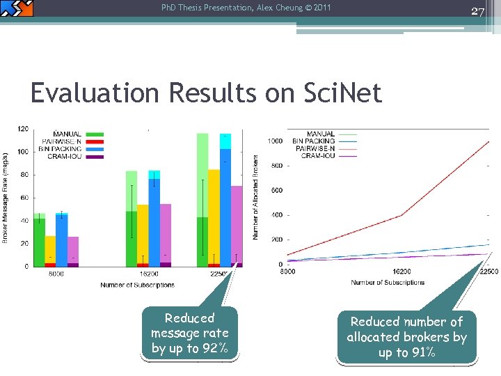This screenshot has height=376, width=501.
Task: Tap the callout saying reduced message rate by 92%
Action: tap(189, 334)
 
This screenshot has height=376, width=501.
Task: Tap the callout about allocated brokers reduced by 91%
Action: tap(406, 337)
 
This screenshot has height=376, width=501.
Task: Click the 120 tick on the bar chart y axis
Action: tap(23, 129)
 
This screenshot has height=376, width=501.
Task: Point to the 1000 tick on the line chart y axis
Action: tap(275, 141)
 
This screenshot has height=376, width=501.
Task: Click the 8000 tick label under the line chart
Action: tap(287, 272)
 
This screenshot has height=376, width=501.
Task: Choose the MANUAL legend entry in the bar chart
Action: tap(67, 134)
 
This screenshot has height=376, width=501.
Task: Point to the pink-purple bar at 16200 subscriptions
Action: tap(166, 233)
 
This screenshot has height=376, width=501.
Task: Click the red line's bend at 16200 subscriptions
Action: tap(401, 216)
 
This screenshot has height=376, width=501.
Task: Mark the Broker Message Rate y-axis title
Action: tap(6, 198)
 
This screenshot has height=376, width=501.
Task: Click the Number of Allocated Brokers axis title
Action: tap(255, 198)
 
